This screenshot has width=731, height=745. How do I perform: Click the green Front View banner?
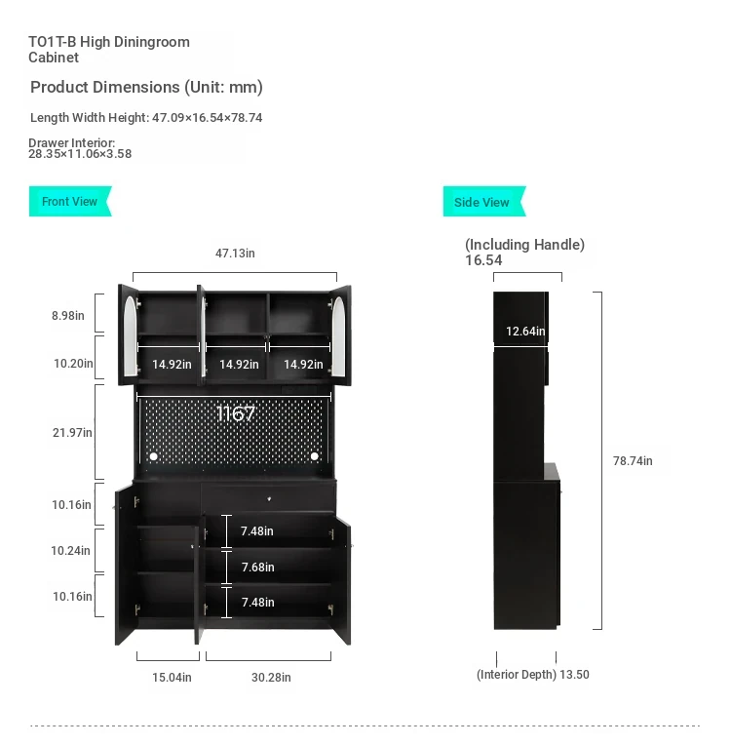(70, 202)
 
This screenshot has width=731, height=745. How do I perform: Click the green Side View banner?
(484, 202)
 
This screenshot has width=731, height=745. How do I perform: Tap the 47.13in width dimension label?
(235, 254)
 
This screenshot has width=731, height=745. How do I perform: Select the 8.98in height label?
(68, 316)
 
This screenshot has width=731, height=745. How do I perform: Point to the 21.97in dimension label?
(72, 432)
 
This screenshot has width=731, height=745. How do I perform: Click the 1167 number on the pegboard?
(236, 413)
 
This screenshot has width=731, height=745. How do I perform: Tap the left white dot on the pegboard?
(153, 456)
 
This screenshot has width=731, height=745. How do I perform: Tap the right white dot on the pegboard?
(315, 456)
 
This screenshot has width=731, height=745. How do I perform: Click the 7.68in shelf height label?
(258, 568)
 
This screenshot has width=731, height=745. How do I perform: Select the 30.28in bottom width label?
(271, 678)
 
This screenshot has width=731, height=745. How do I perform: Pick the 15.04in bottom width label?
(172, 678)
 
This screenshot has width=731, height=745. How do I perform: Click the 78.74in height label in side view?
(633, 461)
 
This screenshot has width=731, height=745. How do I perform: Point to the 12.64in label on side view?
(525, 332)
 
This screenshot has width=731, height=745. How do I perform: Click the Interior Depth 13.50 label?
(533, 675)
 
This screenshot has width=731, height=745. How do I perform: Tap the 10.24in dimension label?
(71, 551)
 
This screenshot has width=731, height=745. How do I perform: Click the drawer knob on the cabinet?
(269, 499)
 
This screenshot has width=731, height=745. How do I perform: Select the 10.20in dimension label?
(73, 364)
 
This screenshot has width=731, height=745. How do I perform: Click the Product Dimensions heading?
(146, 88)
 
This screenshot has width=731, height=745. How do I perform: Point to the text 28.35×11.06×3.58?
(80, 154)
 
